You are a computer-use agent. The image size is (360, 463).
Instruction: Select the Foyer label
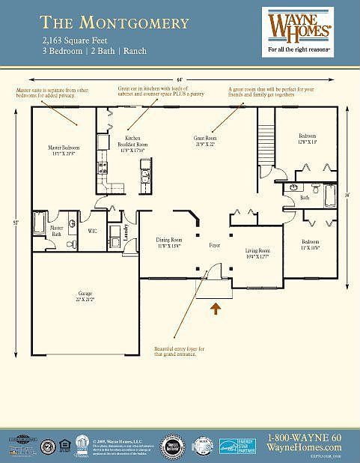coord(214,245)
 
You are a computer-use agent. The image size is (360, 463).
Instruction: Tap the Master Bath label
coord(56,231)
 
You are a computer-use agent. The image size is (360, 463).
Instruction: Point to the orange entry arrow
coord(217,307)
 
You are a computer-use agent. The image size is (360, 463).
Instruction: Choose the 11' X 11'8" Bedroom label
coord(310,245)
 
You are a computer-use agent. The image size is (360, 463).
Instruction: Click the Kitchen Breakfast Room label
coord(132,144)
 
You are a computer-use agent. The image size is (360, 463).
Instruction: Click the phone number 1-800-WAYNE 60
coord(304,438)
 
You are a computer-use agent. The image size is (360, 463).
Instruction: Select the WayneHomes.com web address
coord(304,447)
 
